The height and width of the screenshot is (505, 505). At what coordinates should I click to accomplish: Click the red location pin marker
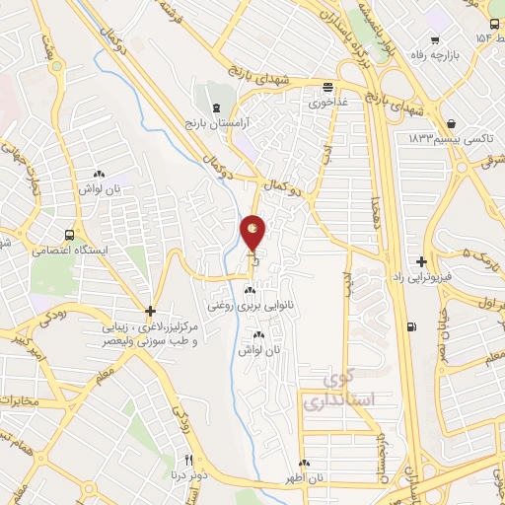coord(253,234)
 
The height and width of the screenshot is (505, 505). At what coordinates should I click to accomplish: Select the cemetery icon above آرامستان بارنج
coord(215,106)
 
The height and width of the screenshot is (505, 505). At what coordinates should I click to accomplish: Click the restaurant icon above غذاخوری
coord(327,86)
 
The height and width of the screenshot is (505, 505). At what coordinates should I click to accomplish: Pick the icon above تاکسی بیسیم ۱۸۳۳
coord(451,123)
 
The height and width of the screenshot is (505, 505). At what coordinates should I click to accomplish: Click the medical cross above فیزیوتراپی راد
coord(422,261)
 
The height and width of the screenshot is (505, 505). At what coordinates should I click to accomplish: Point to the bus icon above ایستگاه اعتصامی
coord(69,235)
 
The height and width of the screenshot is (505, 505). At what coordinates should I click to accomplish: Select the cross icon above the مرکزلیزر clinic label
coord(149,311)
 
